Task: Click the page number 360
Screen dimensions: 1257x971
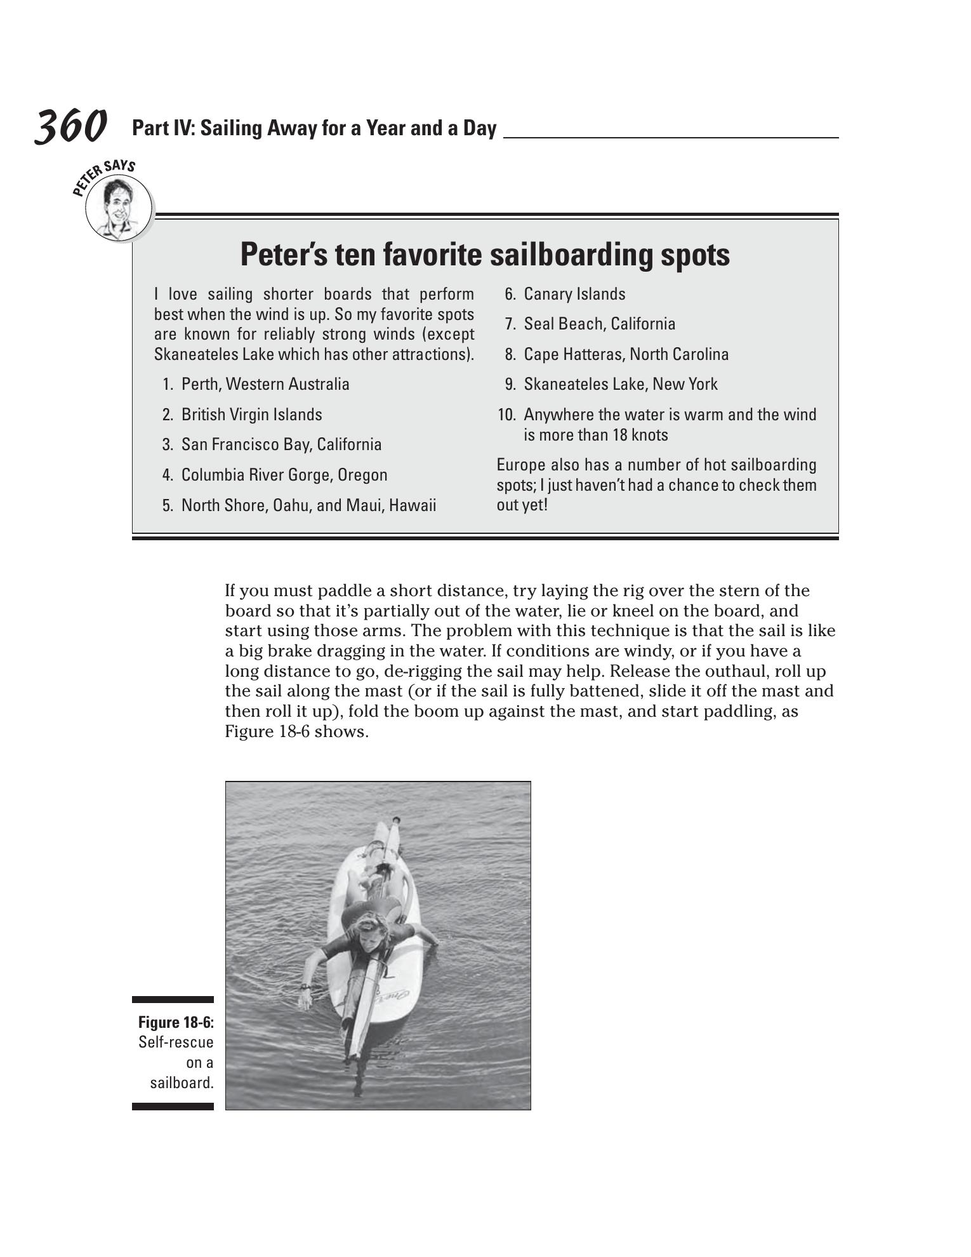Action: pos(70,126)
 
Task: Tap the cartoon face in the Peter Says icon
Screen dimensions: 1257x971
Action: pos(118,206)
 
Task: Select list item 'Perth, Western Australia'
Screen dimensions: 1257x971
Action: pos(265,384)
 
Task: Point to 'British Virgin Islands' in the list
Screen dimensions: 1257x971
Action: pos(251,415)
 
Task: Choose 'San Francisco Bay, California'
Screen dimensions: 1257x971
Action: pos(281,444)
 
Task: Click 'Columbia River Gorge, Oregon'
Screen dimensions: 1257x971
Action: pos(284,475)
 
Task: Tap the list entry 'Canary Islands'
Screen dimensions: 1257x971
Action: pos(574,294)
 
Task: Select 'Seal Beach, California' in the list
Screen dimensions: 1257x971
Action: pos(599,324)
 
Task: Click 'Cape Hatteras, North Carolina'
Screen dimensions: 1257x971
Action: pos(626,354)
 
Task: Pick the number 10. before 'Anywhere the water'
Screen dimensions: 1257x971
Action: pos(506,415)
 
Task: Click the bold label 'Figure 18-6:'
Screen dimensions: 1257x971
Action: pos(176,1022)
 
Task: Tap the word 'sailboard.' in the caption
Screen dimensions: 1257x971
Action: pos(182,1082)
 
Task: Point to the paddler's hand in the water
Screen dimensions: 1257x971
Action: pos(305,1002)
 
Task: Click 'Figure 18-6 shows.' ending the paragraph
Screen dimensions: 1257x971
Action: pos(296,731)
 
